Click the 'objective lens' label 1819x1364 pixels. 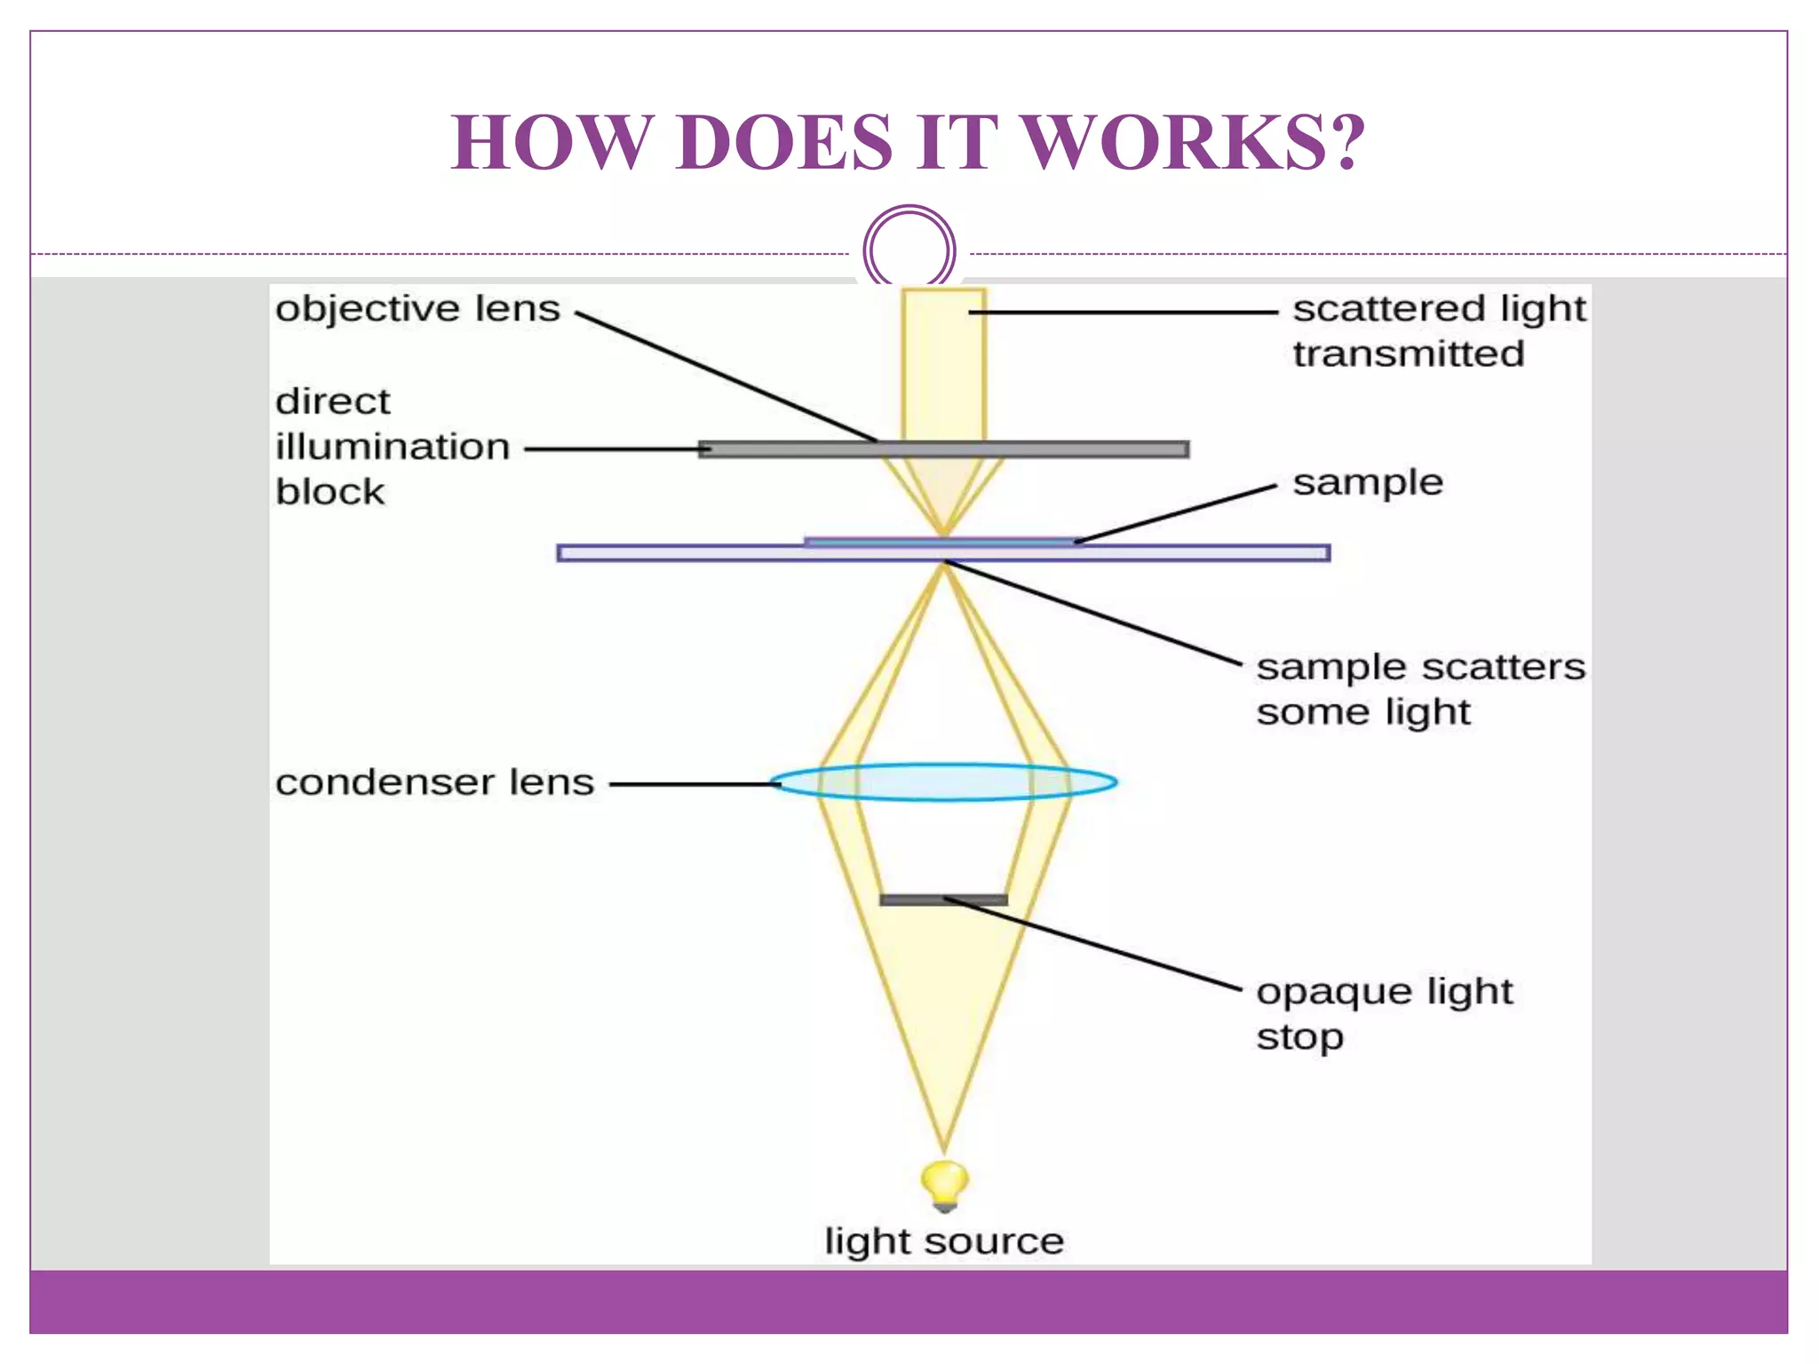click(417, 309)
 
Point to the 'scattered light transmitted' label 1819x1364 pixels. click(1439, 330)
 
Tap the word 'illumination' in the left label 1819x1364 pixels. click(393, 447)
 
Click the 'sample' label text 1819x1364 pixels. click(1368, 483)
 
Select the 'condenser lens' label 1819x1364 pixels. click(434, 782)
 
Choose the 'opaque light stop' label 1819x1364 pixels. click(1384, 1013)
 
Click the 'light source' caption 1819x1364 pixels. click(944, 1241)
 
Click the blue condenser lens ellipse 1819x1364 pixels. click(944, 782)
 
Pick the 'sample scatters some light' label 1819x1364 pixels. click(1419, 689)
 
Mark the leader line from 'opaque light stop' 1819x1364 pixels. click(1092, 943)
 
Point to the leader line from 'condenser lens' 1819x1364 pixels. click(693, 784)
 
